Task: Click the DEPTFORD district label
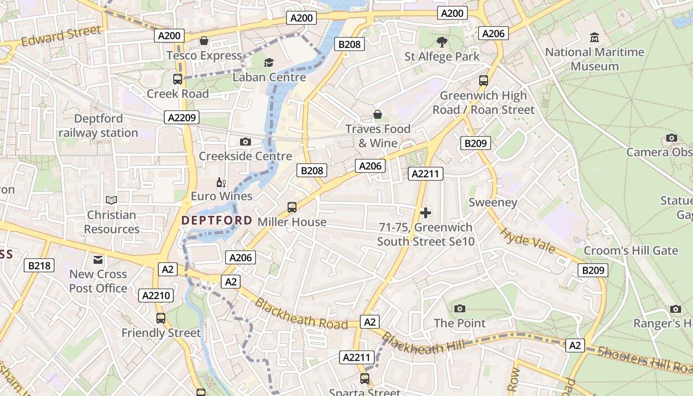tap(217, 221)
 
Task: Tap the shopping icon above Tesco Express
tap(203, 41)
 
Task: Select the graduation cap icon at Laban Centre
tap(269, 62)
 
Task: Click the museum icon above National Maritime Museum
tap(594, 38)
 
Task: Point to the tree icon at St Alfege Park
tap(442, 42)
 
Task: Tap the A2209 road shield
tap(182, 117)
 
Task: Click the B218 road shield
tap(39, 266)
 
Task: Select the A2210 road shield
tap(156, 296)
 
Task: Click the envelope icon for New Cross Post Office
tap(98, 259)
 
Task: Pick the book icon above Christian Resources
tap(111, 200)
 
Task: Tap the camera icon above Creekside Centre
tap(245, 142)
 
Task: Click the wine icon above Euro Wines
tap(221, 183)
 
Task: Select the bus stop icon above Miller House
tap(292, 207)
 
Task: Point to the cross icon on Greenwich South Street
tap(425, 213)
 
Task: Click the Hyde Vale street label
tap(527, 240)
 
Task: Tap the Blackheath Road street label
tap(301, 314)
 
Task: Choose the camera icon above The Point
tap(460, 309)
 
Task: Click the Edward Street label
tap(61, 36)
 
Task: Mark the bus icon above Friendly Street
tap(161, 318)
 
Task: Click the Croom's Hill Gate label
tap(630, 250)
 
